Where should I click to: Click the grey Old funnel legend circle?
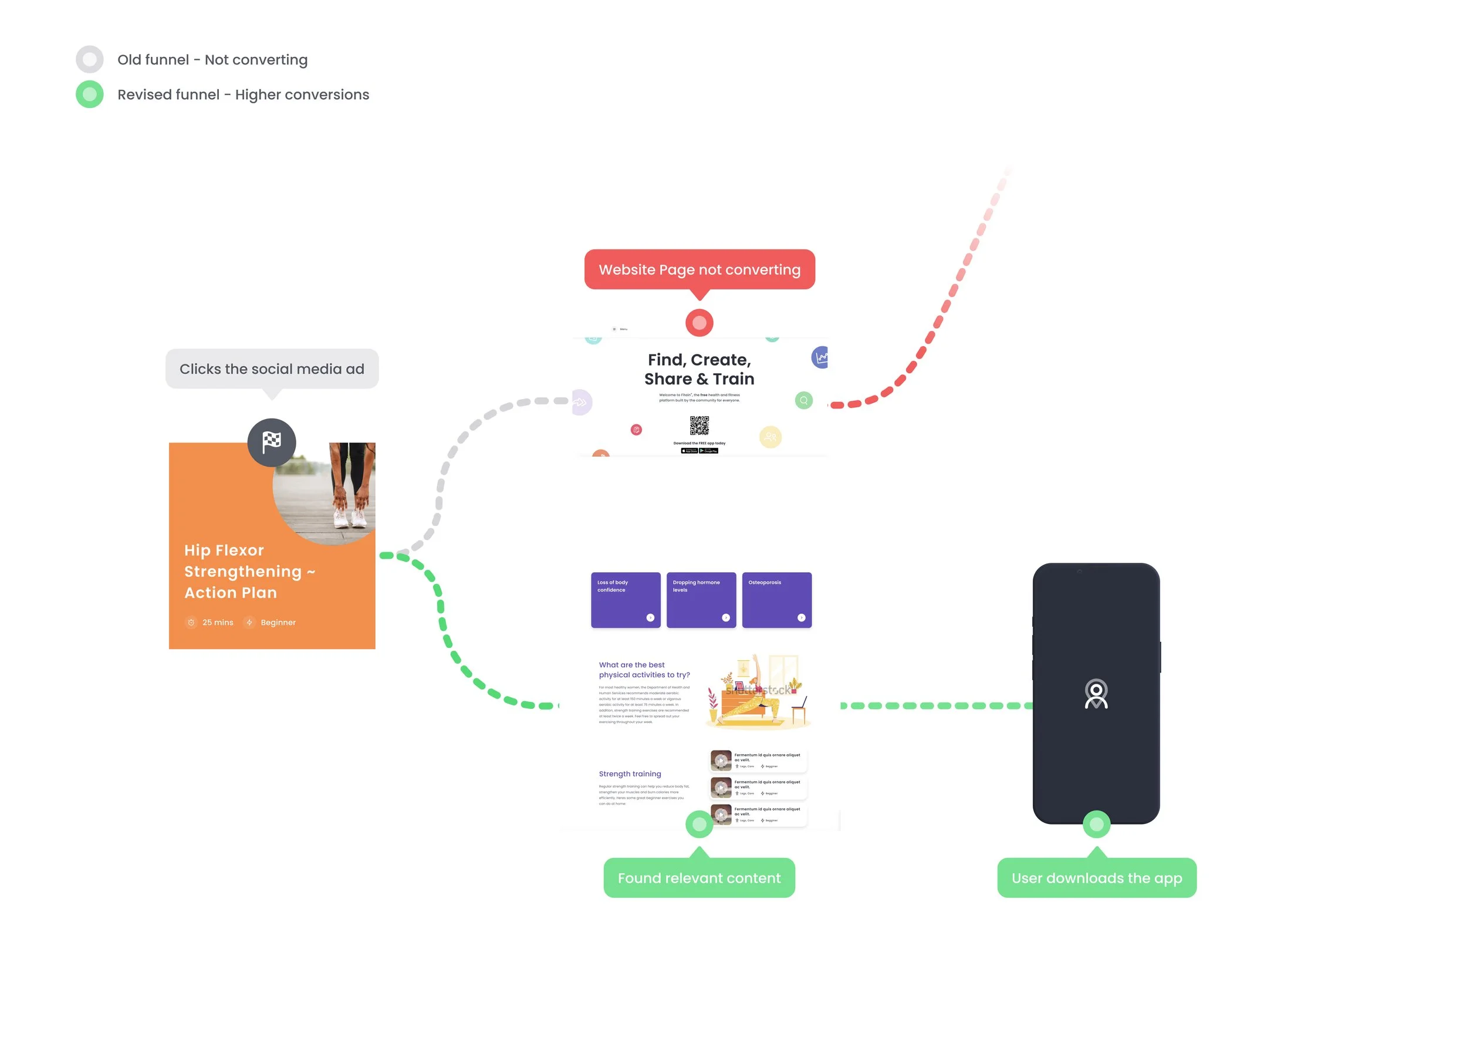[89, 59]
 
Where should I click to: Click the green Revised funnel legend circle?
[89, 94]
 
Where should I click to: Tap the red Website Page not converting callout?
[699, 269]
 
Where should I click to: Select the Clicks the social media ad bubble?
[272, 369]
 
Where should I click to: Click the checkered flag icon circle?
[272, 441]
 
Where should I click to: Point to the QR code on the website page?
[699, 425]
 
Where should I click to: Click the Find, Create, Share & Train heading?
[699, 369]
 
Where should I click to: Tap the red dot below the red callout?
[699, 323]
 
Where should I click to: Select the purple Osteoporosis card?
[776, 600]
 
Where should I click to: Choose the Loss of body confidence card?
[625, 600]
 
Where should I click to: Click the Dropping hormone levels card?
[701, 600]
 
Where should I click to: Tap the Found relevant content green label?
[699, 878]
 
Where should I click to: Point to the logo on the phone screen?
[1096, 694]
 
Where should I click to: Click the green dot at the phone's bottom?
[1096, 824]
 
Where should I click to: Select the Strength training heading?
[630, 773]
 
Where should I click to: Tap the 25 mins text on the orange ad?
[217, 622]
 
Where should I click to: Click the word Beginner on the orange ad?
[278, 622]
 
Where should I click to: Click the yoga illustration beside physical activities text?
[758, 692]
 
